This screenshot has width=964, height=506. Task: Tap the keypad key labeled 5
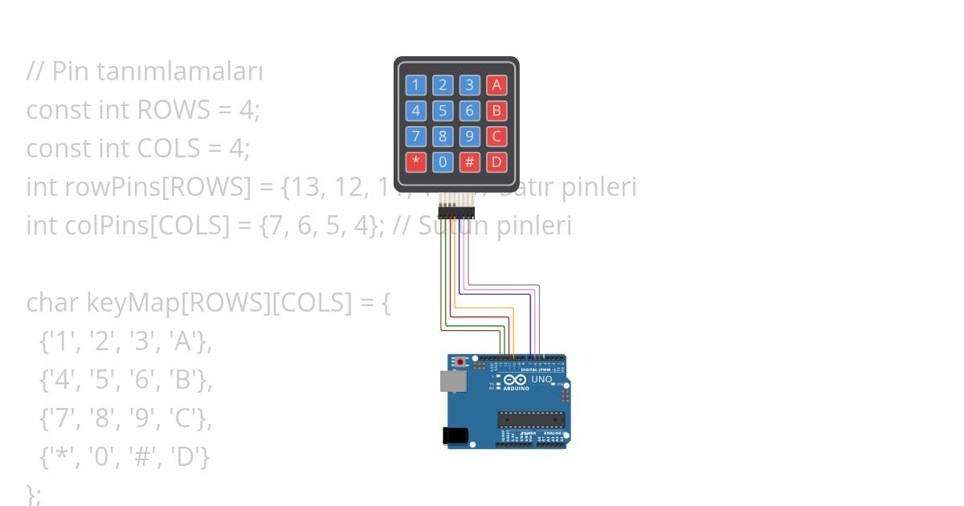click(443, 111)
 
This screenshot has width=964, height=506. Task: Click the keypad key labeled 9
click(470, 137)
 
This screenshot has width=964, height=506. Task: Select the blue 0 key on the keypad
click(443, 162)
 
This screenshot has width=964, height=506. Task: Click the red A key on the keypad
click(496, 85)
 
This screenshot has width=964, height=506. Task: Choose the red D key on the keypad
click(496, 162)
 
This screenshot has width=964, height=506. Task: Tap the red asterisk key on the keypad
click(415, 162)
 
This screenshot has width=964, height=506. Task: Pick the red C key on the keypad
click(496, 137)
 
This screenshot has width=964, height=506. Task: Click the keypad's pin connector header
click(456, 212)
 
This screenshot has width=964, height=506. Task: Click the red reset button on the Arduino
click(460, 363)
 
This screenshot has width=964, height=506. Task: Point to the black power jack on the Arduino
click(455, 435)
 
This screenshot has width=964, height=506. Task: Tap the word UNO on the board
click(541, 379)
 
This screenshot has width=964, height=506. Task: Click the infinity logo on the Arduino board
click(515, 379)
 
